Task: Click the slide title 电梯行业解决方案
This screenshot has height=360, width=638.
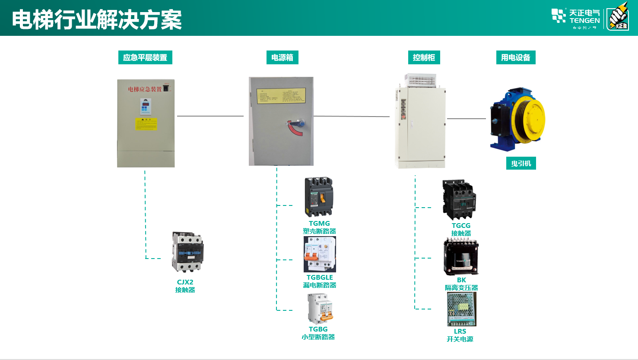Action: (x=97, y=20)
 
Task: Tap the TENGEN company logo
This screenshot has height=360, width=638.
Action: (x=575, y=18)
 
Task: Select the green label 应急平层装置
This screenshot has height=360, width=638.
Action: (x=145, y=58)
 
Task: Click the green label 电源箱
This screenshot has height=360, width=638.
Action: (x=282, y=58)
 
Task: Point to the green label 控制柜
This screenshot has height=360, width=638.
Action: (x=424, y=58)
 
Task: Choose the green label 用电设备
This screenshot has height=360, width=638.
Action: (x=515, y=58)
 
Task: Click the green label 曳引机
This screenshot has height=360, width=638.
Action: (x=521, y=164)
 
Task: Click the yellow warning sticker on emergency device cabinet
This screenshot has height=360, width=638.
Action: (x=146, y=124)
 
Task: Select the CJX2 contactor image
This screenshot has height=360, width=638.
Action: (x=187, y=252)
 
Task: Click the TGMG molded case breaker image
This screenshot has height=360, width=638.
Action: (x=319, y=197)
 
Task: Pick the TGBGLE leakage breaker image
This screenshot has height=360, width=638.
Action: (x=320, y=254)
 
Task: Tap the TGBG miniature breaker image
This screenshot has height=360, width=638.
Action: (x=320, y=309)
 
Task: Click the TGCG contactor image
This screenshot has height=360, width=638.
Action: (x=459, y=200)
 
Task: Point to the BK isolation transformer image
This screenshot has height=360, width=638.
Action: (x=461, y=257)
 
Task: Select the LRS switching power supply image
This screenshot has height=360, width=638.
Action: (x=461, y=309)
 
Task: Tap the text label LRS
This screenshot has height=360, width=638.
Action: (x=460, y=332)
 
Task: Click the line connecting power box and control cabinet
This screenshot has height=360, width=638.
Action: (x=351, y=116)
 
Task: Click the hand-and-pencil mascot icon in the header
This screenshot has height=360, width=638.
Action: (x=618, y=19)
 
